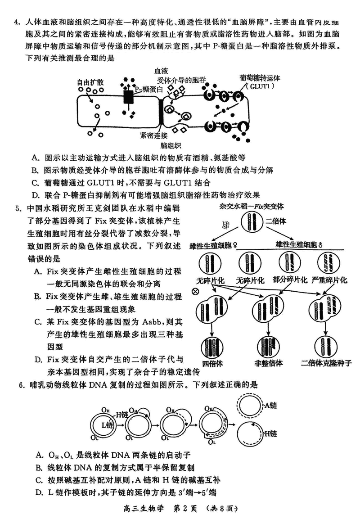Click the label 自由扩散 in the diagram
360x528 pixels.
pyautogui.click(x=91, y=82)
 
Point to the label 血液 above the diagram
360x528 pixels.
pyautogui.click(x=161, y=71)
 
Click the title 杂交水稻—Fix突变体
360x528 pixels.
pyautogui.click(x=252, y=206)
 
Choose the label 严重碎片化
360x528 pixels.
pyautogui.click(x=329, y=280)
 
